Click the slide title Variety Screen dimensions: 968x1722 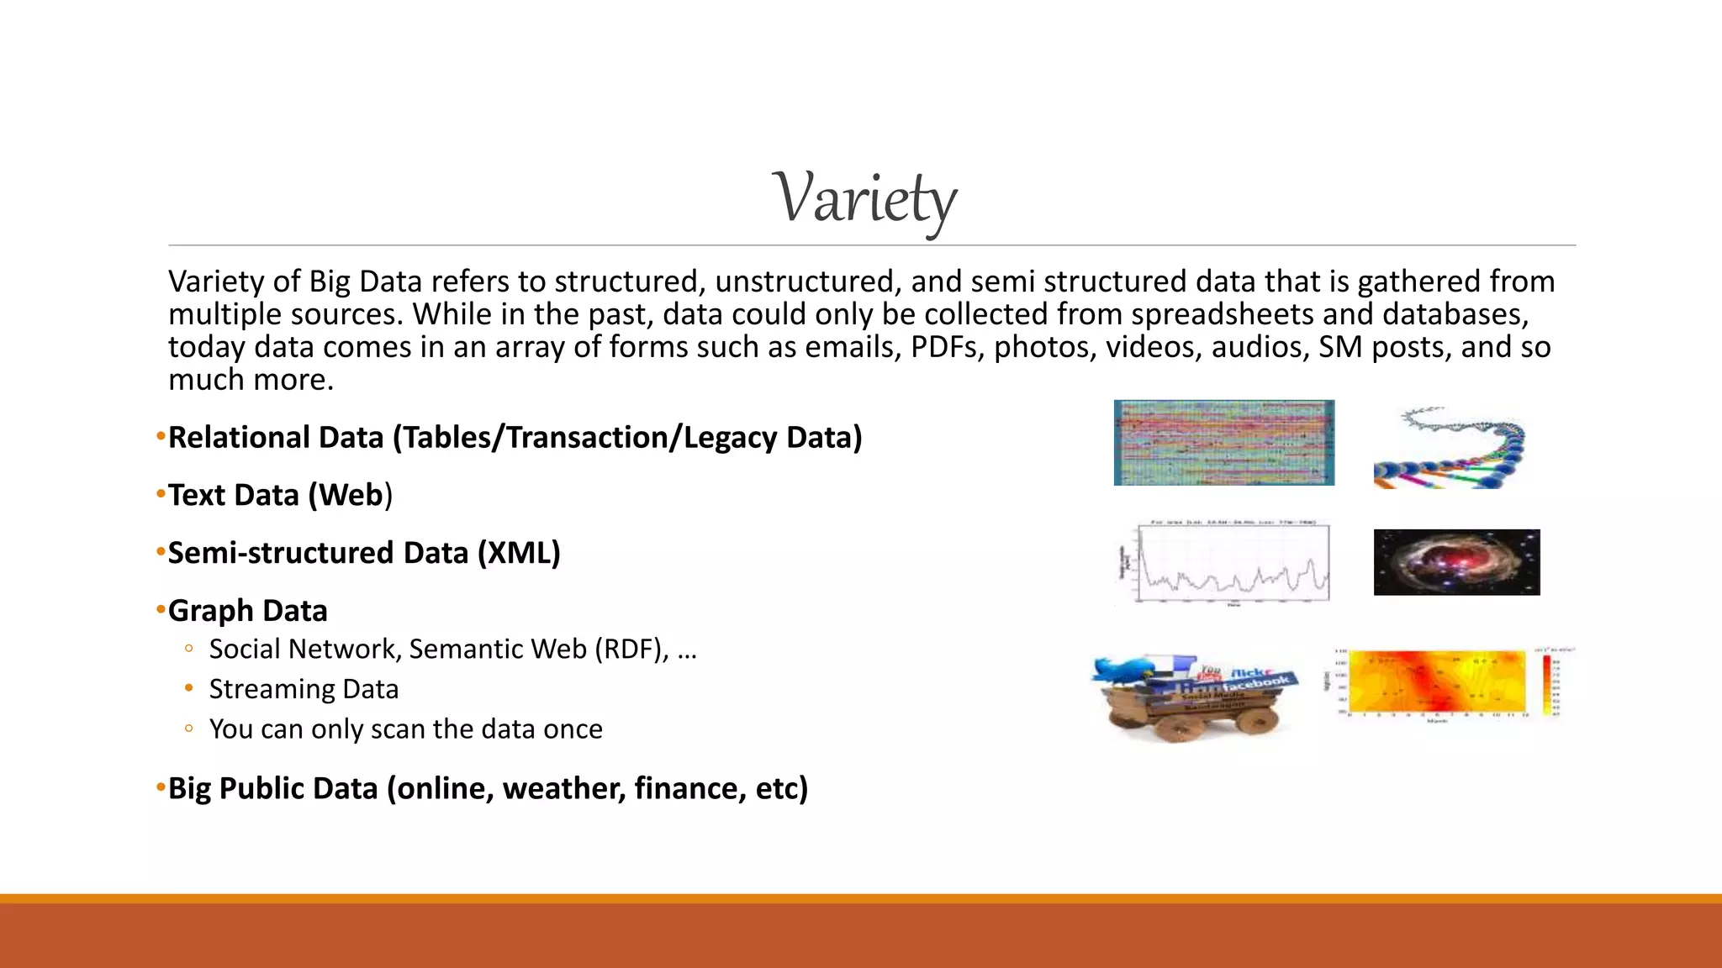864,199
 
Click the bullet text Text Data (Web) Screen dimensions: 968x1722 280,496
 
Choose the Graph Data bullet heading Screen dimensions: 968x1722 247,611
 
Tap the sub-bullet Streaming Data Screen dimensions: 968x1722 304,689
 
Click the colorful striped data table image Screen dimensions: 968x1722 1223,443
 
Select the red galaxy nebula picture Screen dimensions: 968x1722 1456,562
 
